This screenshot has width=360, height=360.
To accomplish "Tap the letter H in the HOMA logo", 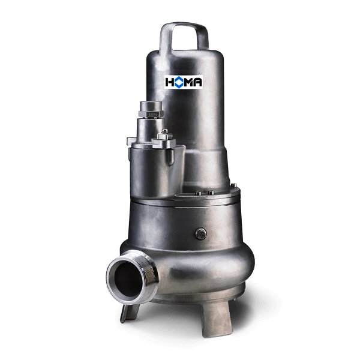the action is (170, 82).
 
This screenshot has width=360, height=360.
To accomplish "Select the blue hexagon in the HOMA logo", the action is (179, 82).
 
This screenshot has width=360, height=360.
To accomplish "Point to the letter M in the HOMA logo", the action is (188, 82).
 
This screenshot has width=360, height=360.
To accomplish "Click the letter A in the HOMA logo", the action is (197, 82).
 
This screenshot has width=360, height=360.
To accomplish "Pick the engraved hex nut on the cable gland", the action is (151, 114).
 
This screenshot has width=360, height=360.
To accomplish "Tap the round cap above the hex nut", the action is (151, 106).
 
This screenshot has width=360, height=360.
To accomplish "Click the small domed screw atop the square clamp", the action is (164, 131).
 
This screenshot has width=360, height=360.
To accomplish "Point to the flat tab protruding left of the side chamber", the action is (131, 141).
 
